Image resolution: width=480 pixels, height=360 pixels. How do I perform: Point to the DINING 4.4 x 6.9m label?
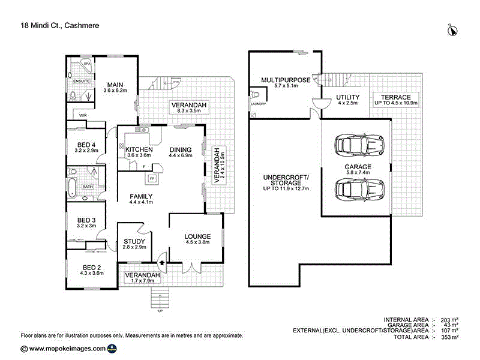[180, 153]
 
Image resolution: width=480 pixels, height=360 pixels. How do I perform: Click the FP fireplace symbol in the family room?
[152, 178]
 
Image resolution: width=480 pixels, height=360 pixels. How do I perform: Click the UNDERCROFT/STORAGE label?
[286, 182]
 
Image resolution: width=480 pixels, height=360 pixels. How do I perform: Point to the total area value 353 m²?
[449, 337]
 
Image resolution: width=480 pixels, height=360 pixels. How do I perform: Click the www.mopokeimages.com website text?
[67, 348]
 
